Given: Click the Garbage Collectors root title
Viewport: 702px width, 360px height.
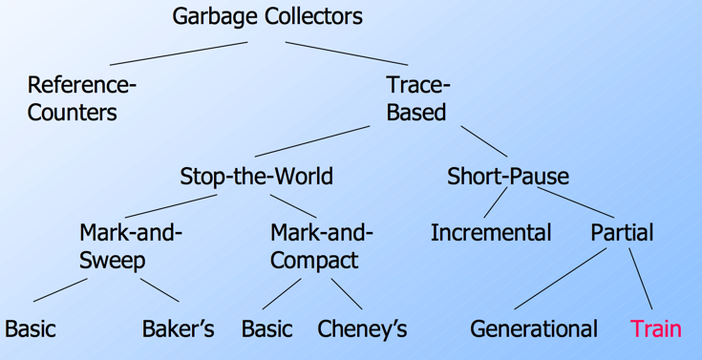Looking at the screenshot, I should click(x=267, y=16).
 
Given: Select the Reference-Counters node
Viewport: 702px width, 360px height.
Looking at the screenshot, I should click(x=81, y=98).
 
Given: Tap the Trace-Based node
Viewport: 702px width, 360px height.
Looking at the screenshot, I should click(x=417, y=98).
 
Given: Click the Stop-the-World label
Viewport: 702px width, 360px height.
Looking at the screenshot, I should click(x=256, y=177).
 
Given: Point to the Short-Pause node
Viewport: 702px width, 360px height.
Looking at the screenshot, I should click(x=507, y=177).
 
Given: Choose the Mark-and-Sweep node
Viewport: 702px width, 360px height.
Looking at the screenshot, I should click(x=130, y=246).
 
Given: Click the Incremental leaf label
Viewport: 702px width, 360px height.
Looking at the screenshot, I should click(x=490, y=232).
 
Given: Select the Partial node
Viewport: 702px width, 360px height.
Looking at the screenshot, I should click(x=622, y=232).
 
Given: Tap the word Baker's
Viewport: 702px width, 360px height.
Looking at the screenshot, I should click(x=178, y=329).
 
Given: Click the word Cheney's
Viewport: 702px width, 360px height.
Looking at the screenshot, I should click(x=362, y=329).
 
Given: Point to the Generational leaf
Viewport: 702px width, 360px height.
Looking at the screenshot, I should click(x=533, y=329).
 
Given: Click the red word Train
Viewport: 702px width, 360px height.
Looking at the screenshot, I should click(x=655, y=329).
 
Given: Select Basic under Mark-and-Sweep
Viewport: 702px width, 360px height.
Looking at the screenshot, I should click(x=31, y=329).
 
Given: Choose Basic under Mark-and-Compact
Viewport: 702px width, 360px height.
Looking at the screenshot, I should click(x=266, y=329).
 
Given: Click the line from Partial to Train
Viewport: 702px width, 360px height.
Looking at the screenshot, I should click(x=641, y=278).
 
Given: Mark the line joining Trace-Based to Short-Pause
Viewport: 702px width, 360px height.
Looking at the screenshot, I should click(x=484, y=141).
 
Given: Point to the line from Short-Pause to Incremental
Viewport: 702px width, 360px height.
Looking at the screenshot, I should click(x=494, y=203).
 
